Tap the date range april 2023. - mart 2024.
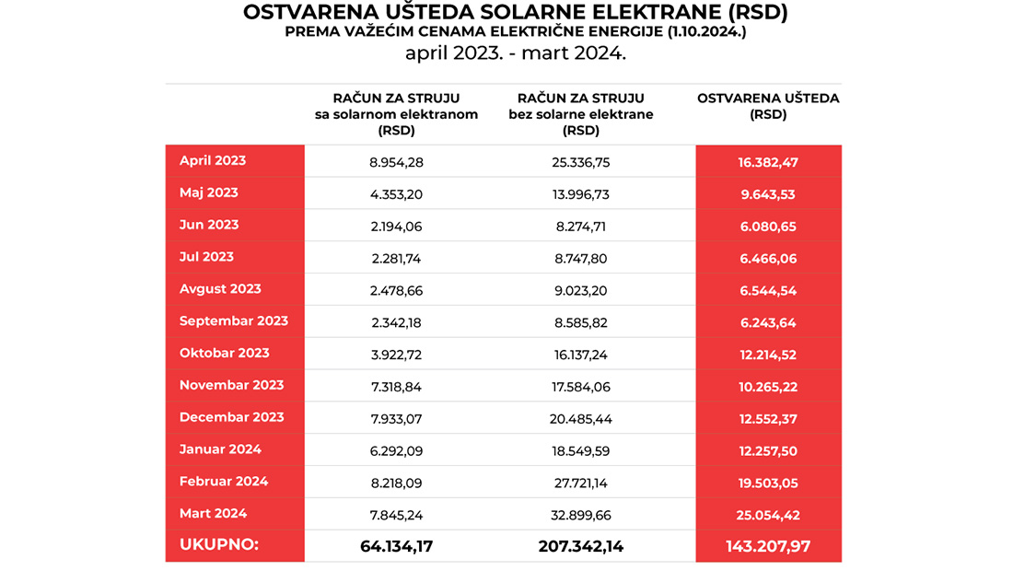[x=515, y=53]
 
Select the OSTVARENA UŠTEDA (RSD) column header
[x=768, y=107]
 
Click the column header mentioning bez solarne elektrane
[x=581, y=114]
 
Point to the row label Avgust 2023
[x=220, y=289]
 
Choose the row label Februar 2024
[x=224, y=482]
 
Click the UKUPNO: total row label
[x=218, y=545]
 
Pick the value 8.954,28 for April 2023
[x=396, y=162]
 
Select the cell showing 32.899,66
[x=581, y=515]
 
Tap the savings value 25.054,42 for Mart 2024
[x=767, y=515]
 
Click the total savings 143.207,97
[x=767, y=546]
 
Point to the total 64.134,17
[x=396, y=546]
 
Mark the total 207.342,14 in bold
[x=581, y=546]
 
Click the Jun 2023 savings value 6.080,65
[x=767, y=227]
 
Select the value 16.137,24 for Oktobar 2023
[x=581, y=355]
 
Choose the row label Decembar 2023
[x=231, y=417]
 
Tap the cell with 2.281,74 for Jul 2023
[x=396, y=258]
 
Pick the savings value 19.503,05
[x=767, y=483]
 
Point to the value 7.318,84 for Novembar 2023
[x=396, y=387]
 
